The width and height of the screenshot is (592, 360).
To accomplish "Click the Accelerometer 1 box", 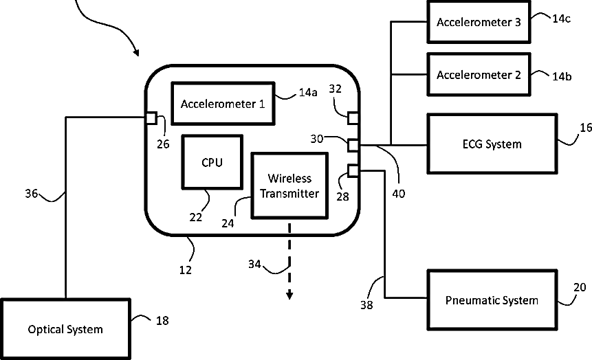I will point(222,104).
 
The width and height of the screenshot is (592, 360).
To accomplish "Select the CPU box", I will point(212,162).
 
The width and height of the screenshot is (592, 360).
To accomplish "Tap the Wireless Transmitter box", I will point(289,185).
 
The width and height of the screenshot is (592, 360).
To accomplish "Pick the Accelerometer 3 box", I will point(479,21).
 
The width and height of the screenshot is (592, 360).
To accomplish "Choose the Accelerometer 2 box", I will point(479,74).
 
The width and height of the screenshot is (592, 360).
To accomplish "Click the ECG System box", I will point(492,144).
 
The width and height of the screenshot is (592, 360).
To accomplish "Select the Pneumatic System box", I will point(491,300).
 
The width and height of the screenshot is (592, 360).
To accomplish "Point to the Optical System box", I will point(65,329).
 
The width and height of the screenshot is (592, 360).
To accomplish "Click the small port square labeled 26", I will point(151,117).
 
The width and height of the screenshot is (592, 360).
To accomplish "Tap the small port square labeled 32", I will point(353,117).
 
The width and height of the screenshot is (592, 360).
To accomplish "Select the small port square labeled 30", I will point(353,145).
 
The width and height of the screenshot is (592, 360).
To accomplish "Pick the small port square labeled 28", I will point(353,170).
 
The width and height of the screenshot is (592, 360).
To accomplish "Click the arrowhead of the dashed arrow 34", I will point(289,295).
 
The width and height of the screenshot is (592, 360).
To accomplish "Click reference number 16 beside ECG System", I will point(585,127).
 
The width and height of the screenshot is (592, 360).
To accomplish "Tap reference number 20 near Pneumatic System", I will point(580,287).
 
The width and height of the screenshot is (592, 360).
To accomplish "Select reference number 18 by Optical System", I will point(162,320).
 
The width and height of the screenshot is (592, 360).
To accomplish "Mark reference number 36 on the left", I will point(32,194).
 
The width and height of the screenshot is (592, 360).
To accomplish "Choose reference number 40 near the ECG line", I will point(398,193).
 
